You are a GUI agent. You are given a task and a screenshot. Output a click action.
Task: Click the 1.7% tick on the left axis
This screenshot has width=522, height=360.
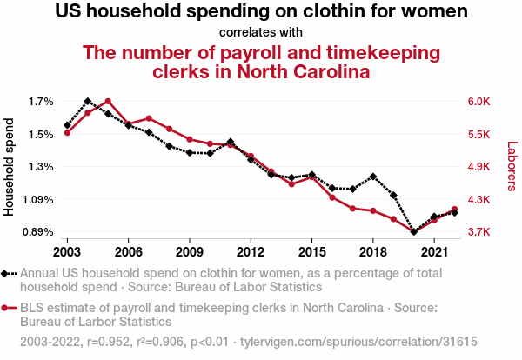41,102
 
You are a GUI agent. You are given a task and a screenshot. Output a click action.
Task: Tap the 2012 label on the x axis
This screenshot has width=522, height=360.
251,251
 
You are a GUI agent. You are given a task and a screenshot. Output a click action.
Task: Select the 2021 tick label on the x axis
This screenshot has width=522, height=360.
434,251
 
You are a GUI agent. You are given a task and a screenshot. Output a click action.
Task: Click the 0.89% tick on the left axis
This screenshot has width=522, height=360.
37,232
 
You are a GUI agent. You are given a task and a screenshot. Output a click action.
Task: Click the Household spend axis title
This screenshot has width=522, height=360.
10,167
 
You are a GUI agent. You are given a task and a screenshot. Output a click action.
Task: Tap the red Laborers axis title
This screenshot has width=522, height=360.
512,167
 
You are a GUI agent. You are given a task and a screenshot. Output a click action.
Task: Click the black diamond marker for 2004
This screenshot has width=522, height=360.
88,102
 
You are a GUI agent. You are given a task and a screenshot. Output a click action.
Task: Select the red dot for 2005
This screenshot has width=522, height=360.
108,102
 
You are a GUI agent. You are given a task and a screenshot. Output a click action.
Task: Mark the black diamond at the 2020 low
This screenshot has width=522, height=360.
414,232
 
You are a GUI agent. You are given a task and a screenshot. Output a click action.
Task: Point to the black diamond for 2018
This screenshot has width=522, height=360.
373,177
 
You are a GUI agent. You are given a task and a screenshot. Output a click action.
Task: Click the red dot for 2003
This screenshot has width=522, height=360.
67,132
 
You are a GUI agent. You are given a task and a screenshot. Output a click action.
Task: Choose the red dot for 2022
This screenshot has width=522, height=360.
455,210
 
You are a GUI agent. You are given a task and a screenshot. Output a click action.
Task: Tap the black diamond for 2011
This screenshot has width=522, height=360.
231,142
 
